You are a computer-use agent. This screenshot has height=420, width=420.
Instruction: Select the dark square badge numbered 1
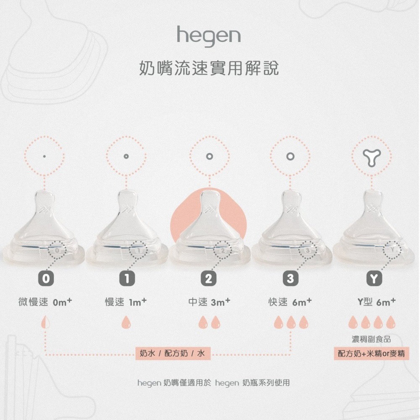pos(126,278)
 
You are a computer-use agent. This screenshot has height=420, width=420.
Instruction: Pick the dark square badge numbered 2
pos(208,278)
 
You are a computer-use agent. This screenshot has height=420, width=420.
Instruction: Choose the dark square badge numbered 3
pos(290,278)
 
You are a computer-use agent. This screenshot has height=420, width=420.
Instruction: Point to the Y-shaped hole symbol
pos(372,157)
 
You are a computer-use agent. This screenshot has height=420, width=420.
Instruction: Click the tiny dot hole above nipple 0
pos(45,156)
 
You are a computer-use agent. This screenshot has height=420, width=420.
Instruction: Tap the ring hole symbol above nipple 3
pos(290,156)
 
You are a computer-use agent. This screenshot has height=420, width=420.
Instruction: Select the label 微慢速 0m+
pos(46,302)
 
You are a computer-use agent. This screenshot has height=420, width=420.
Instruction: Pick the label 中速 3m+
pos(209,302)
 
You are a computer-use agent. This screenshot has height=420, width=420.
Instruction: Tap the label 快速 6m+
pos(290,302)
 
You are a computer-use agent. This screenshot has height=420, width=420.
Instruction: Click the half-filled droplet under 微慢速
pos(45,323)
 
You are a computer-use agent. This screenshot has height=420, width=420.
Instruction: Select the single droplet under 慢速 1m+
pos(126,323)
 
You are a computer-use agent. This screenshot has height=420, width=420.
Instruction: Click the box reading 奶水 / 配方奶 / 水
pos(172,354)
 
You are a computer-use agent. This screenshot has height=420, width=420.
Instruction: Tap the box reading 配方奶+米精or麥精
pos(372,354)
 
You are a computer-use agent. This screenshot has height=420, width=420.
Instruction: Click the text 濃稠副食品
pos(371,339)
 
